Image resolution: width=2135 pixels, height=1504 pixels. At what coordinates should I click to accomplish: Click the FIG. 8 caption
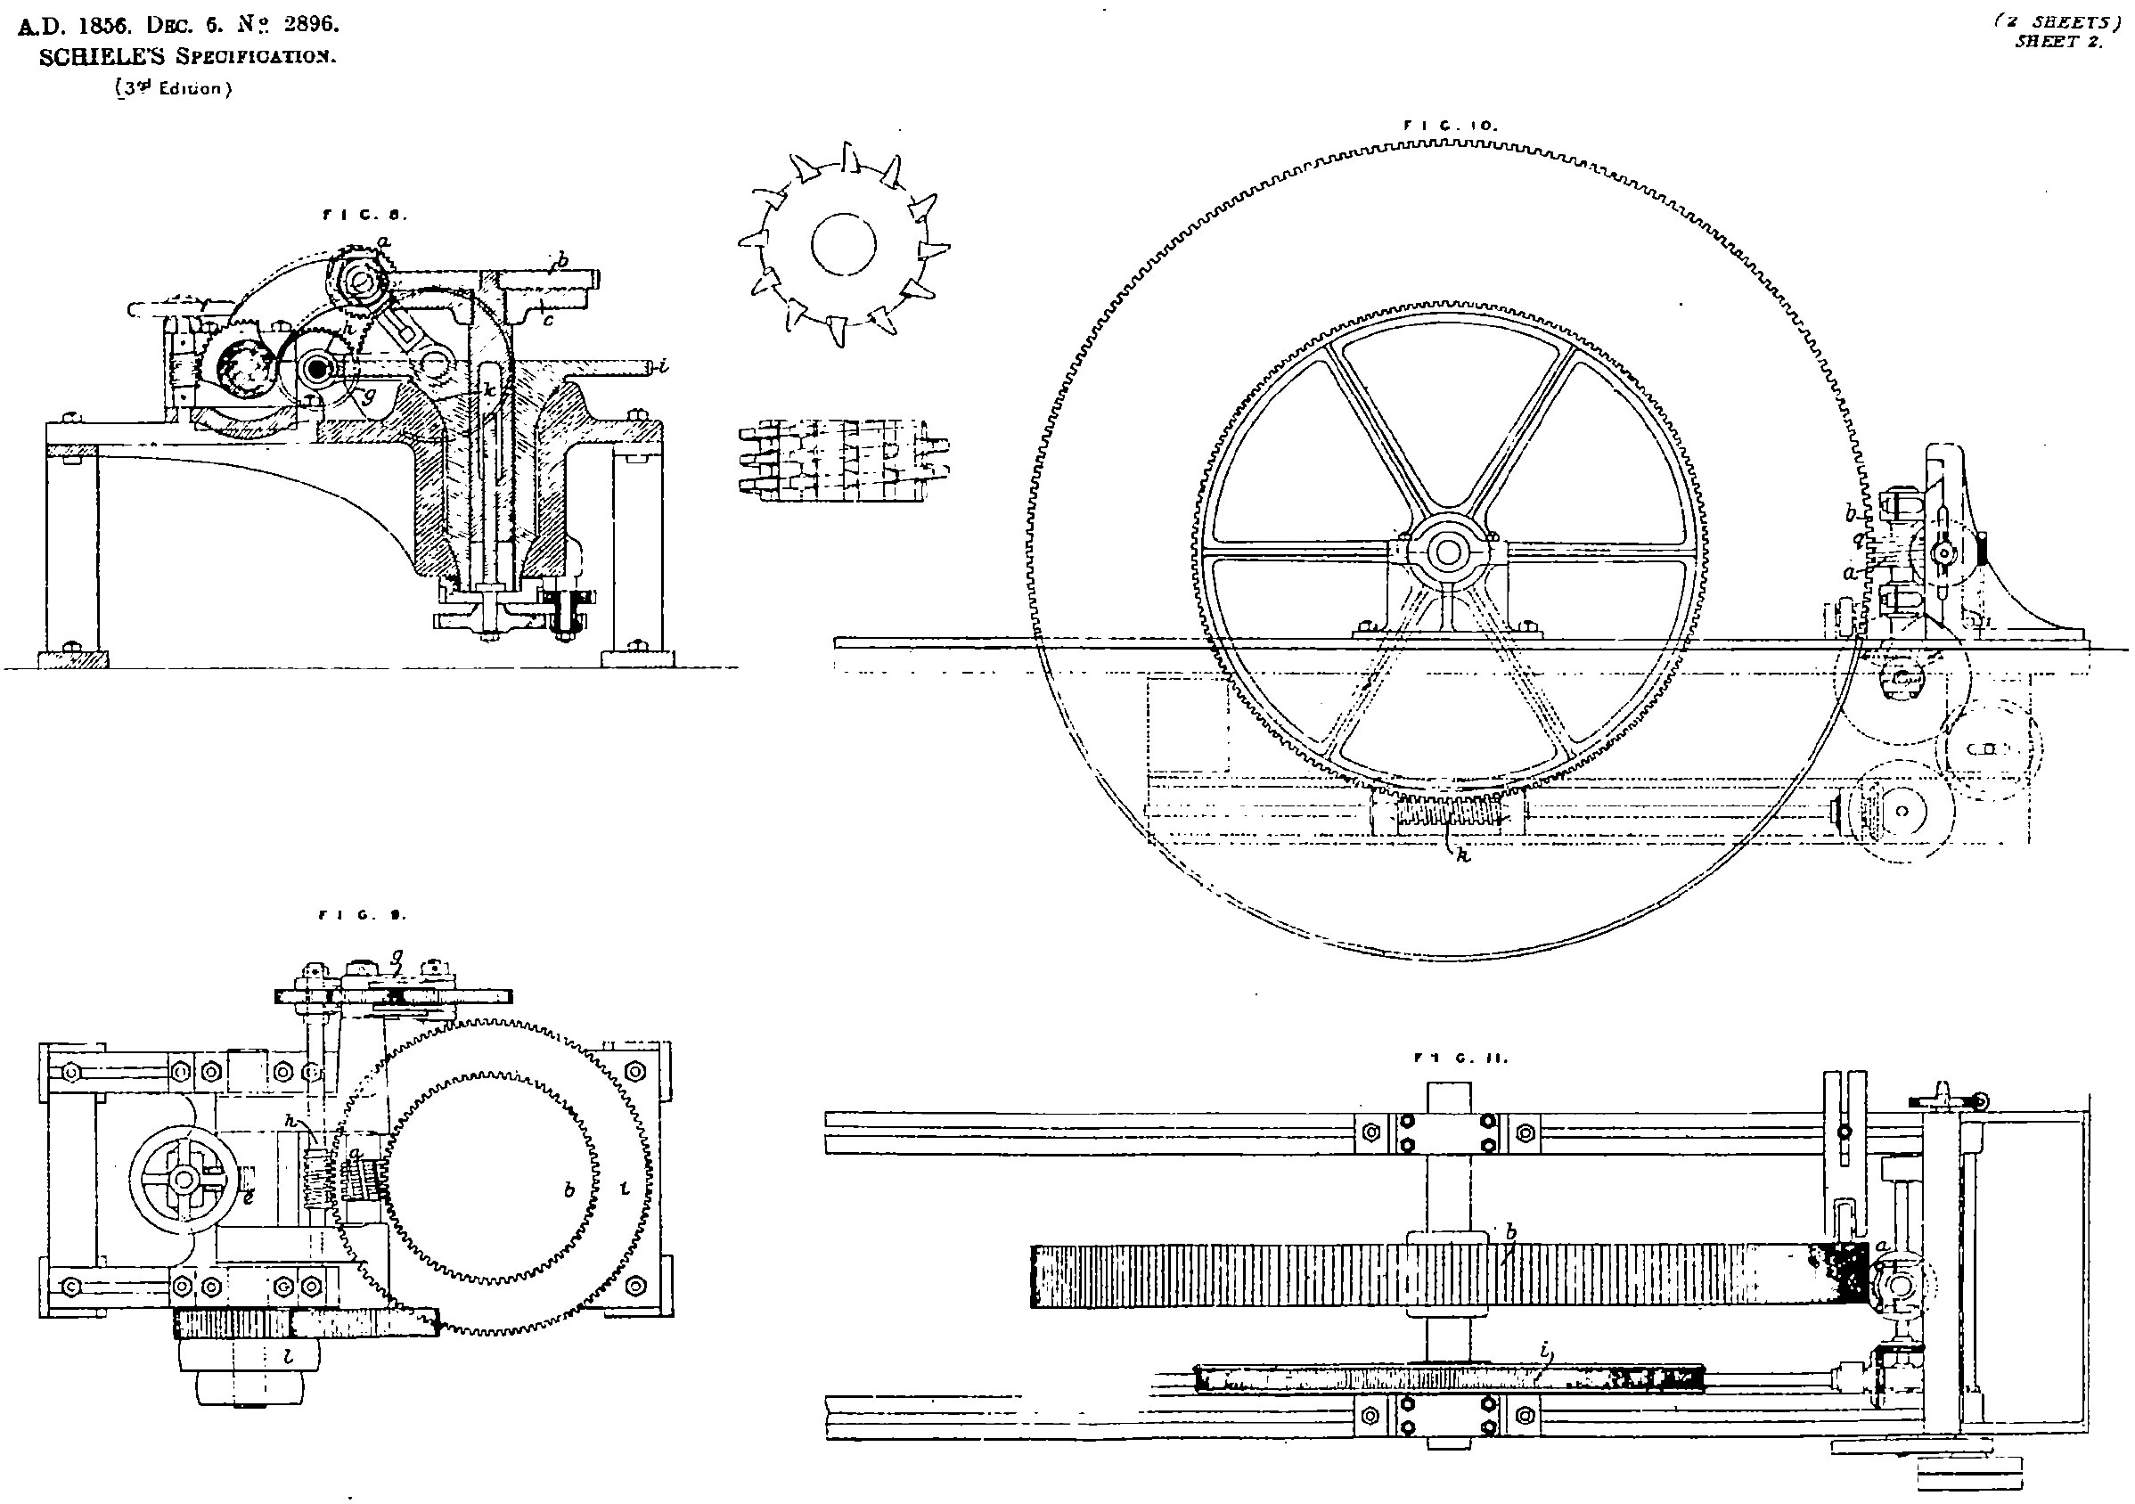tap(365, 216)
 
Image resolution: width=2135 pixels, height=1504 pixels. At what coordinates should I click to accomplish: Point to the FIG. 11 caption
tap(1460, 1058)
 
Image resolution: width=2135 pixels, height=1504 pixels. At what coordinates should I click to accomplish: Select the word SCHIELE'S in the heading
tap(102, 58)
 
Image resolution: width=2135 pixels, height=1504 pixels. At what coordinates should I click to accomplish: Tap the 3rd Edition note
tap(173, 90)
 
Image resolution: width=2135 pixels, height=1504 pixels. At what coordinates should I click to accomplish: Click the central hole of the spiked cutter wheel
tap(844, 243)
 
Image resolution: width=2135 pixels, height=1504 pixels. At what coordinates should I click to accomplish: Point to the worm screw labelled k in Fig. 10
tap(1449, 815)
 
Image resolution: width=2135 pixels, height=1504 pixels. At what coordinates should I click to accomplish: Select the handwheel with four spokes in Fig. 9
tap(184, 1181)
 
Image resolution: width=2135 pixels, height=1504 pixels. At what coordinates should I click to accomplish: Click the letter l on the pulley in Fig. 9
tap(289, 1357)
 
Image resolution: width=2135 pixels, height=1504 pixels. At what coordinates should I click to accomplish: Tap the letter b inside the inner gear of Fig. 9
tap(569, 1190)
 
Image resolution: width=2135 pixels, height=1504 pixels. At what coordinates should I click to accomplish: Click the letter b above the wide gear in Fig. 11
tap(1512, 1232)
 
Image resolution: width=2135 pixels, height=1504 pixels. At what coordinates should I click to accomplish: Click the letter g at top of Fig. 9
tap(397, 954)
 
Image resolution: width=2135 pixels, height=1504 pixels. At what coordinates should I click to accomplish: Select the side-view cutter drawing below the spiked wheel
tap(844, 460)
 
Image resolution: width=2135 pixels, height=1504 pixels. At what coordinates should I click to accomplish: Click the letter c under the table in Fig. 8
tap(549, 321)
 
